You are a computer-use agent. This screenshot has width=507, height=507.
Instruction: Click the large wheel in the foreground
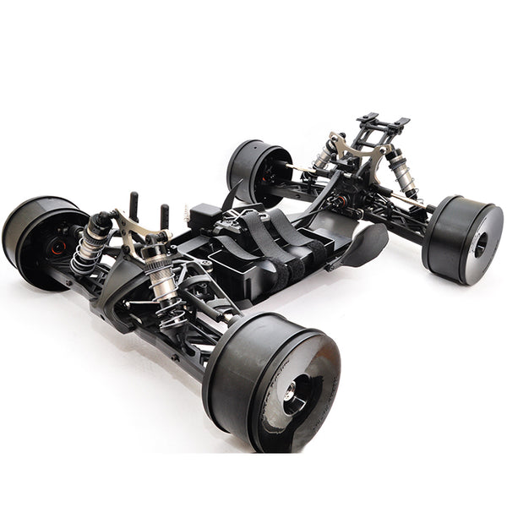270,380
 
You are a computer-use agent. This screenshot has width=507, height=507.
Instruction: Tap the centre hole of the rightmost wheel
480,245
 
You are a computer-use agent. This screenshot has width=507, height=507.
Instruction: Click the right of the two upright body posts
164,215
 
